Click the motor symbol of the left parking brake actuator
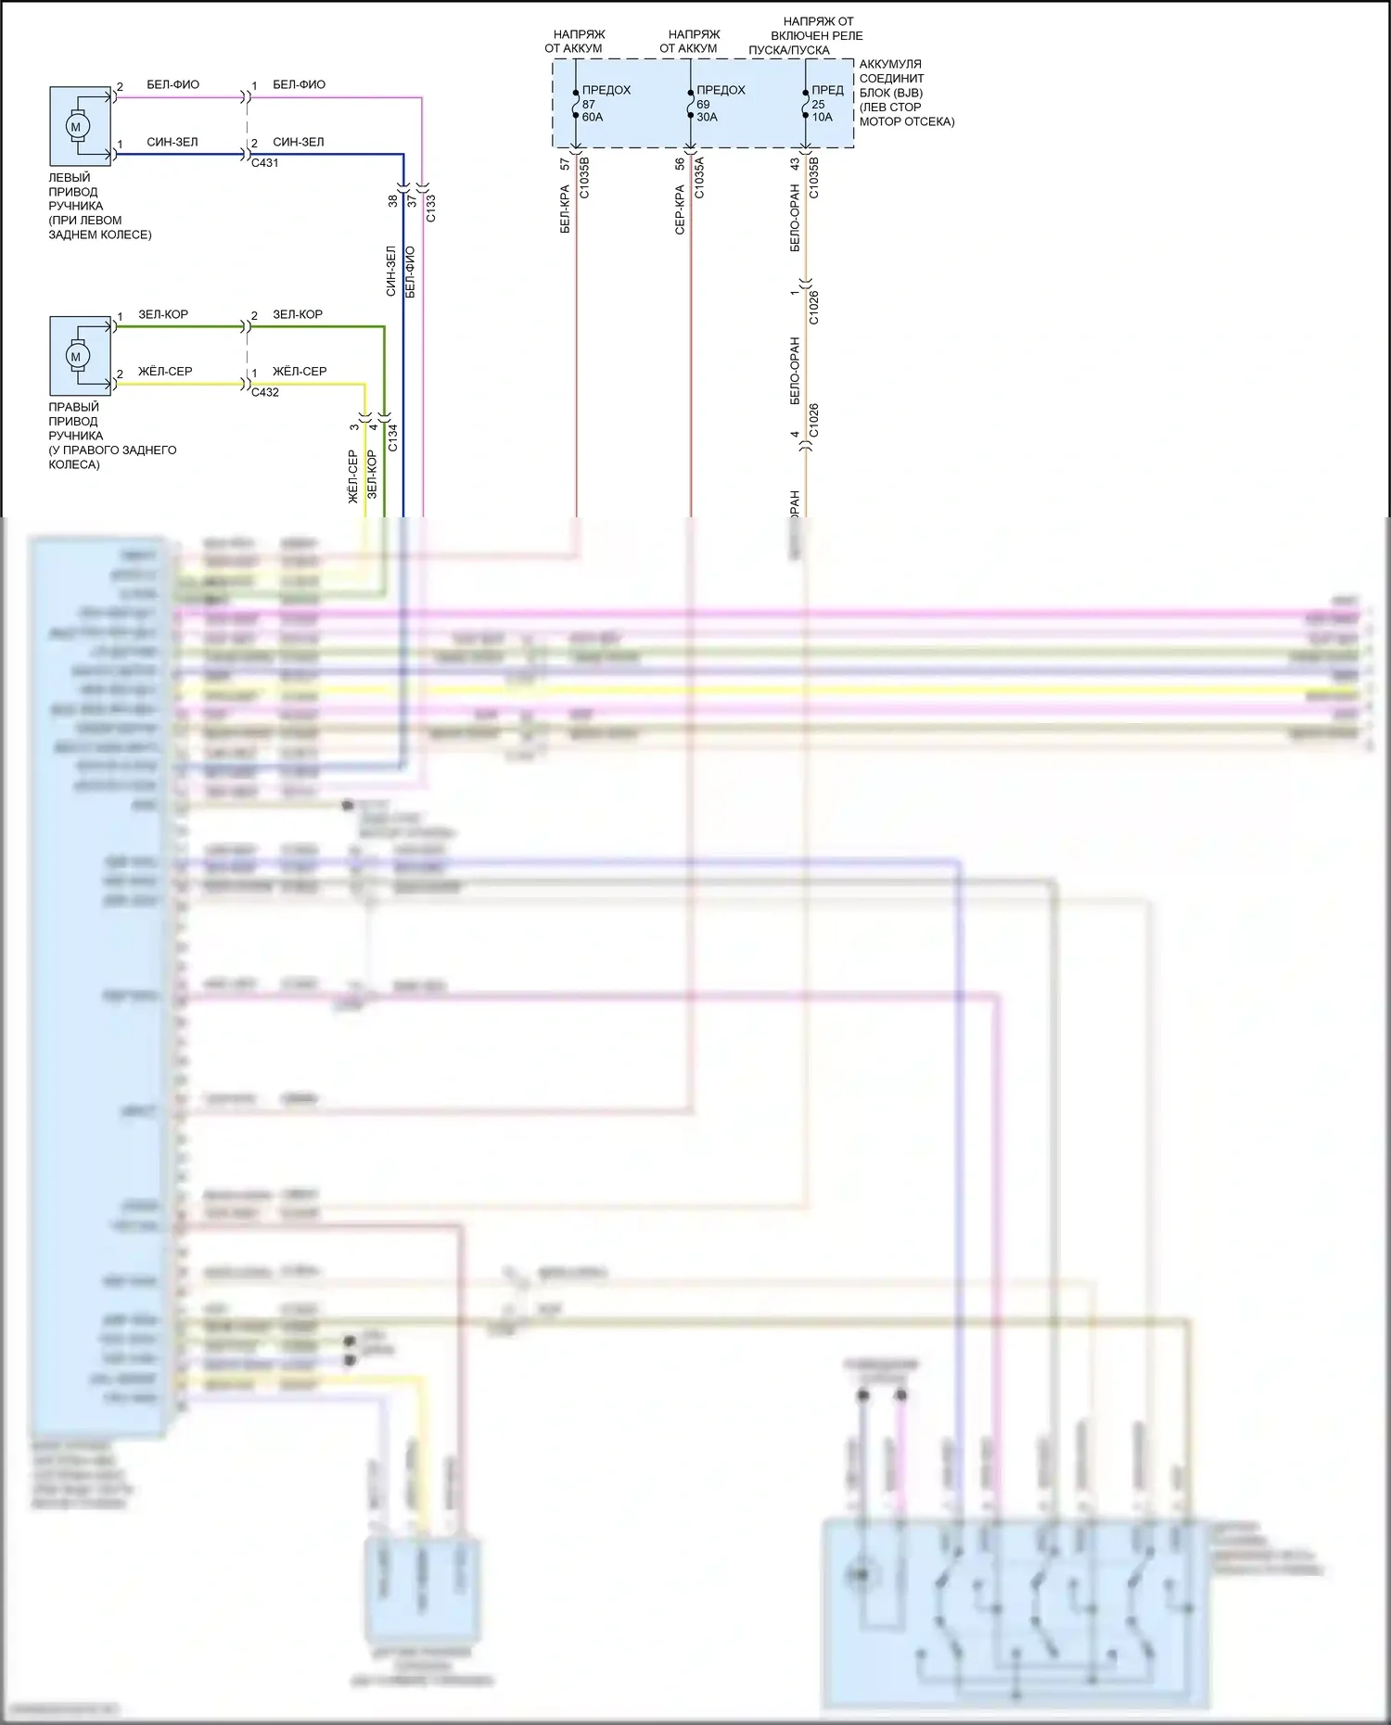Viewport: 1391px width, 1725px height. [x=76, y=126]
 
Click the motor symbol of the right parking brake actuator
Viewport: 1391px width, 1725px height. [x=76, y=356]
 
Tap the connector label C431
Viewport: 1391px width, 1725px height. [x=264, y=163]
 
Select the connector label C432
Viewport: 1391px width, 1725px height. [x=264, y=392]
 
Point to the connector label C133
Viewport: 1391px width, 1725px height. [x=431, y=209]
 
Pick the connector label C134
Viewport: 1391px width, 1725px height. [x=392, y=438]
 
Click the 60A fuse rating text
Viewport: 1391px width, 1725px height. [x=593, y=118]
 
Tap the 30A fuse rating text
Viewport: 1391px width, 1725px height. [x=707, y=118]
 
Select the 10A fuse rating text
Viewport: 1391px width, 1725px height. [x=823, y=118]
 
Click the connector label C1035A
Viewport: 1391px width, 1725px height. [x=700, y=178]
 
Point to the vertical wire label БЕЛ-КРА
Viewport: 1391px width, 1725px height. [x=565, y=209]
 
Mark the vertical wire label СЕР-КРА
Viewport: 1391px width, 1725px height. [x=680, y=209]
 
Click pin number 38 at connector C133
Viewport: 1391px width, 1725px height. [x=392, y=200]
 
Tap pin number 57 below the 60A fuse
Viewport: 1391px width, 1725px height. [x=565, y=164]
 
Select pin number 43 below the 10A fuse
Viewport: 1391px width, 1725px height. [x=795, y=164]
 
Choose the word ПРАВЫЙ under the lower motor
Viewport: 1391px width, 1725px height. [x=73, y=407]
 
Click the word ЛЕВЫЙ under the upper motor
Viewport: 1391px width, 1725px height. [x=70, y=178]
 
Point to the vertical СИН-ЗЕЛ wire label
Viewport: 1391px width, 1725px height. [x=390, y=271]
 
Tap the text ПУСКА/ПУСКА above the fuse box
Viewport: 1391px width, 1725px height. [x=789, y=50]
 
